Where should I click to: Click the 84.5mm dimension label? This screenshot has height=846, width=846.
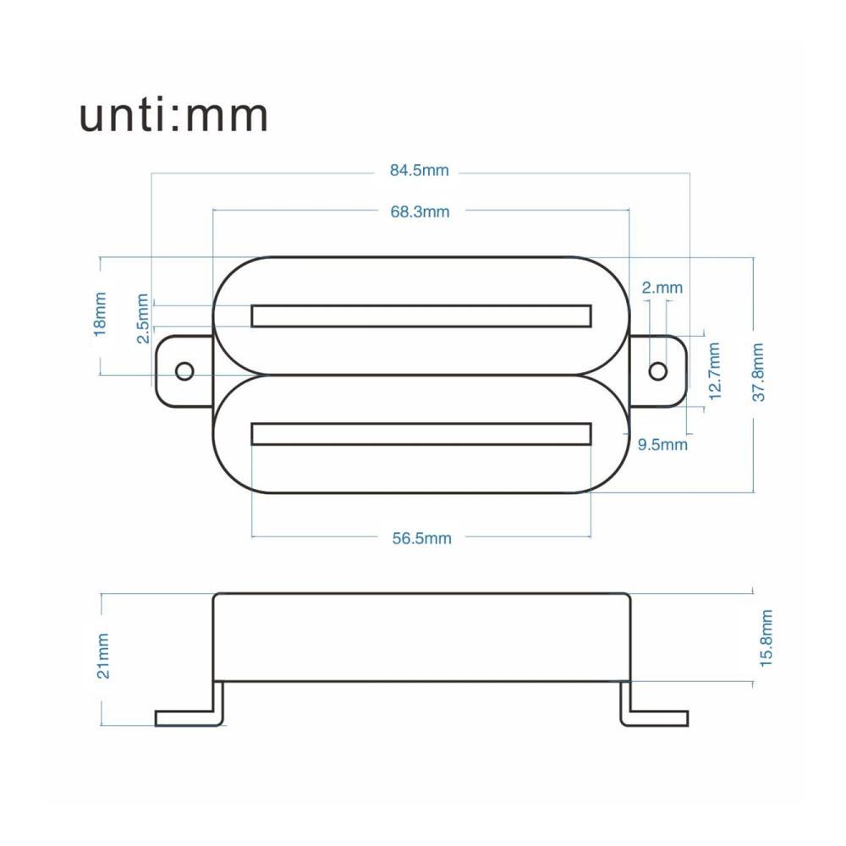pos(420,171)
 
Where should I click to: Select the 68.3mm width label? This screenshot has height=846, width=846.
pos(420,211)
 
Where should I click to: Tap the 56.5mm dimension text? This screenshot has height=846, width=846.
pos(421,538)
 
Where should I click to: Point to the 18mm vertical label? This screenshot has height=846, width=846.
pos(100,315)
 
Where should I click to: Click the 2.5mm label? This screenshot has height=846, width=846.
pos(142,318)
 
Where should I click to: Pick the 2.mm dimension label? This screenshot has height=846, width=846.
pos(662,288)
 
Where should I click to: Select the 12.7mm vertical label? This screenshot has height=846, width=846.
pos(714,371)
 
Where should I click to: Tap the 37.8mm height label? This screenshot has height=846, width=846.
pos(758,371)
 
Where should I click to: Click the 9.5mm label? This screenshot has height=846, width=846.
pos(662,445)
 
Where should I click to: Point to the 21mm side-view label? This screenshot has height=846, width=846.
pos(102,656)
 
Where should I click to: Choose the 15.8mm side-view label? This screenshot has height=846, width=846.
pos(766,638)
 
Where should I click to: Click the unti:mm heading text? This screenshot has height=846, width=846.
pos(173,115)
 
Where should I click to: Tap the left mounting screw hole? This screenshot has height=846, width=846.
pos(185,371)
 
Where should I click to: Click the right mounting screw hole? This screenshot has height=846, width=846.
pos(657,371)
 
